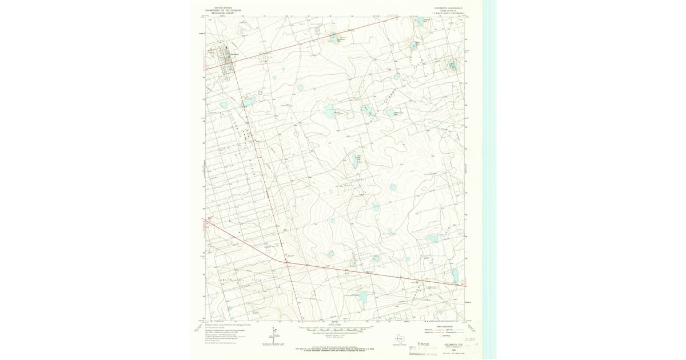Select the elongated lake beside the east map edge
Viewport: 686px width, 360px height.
(x=455, y=275)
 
